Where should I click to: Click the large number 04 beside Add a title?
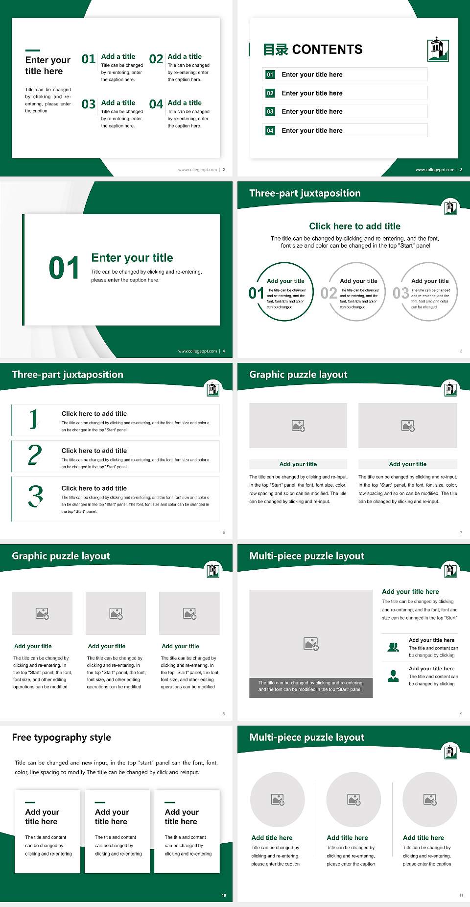[156, 104]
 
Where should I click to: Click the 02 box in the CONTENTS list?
[270, 93]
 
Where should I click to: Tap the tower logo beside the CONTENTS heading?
[438, 49]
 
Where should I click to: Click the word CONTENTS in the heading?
[327, 50]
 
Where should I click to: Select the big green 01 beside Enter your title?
[64, 268]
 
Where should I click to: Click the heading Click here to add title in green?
[354, 226]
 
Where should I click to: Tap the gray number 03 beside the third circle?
[400, 293]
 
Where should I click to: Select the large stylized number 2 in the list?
[35, 455]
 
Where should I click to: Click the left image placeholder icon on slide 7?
[298, 426]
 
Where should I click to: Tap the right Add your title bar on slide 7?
[407, 464]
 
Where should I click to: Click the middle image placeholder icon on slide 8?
[116, 613]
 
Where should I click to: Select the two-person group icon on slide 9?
[393, 647]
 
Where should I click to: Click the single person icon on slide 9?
[393, 676]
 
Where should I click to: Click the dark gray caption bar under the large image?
[311, 686]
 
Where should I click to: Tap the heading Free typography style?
[62, 737]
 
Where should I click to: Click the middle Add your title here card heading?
[112, 817]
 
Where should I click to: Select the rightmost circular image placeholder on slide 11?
[430, 800]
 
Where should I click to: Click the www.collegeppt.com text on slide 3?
[435, 170]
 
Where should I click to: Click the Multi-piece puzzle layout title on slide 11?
[307, 737]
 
